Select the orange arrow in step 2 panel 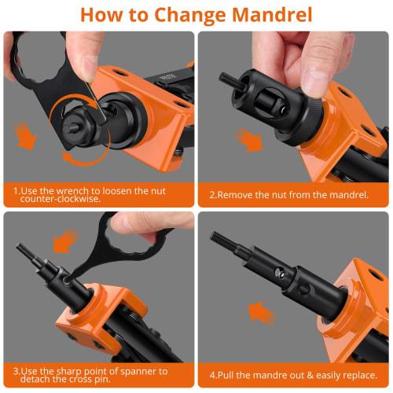coord(250,141)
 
